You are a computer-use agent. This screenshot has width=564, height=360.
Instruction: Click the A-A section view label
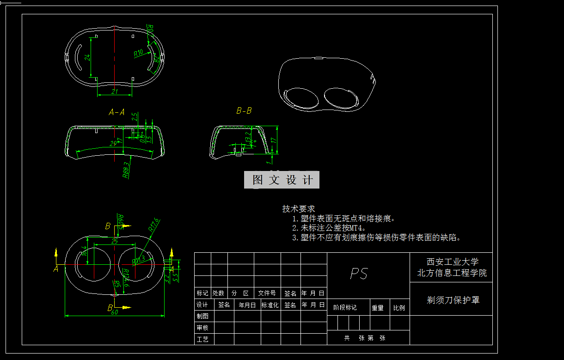click(x=116, y=112)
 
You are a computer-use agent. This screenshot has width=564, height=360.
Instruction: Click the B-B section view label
click(x=244, y=111)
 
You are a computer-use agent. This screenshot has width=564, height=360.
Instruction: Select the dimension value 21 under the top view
click(x=115, y=92)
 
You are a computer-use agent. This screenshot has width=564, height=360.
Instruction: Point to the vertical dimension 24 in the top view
click(x=87, y=57)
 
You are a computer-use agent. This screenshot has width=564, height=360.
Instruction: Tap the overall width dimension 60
click(x=114, y=312)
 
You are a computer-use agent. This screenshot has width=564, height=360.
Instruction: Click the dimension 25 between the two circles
click(x=115, y=241)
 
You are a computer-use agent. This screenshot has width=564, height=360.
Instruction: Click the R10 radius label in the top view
click(x=138, y=53)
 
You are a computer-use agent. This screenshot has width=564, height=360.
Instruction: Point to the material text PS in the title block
click(x=359, y=274)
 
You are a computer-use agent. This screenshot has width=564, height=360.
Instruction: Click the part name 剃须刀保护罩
click(x=453, y=300)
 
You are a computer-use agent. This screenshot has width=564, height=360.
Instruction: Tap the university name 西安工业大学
click(x=452, y=262)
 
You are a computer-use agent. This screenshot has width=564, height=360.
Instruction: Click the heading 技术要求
click(x=299, y=209)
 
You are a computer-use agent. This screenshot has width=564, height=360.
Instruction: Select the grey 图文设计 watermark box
click(x=282, y=180)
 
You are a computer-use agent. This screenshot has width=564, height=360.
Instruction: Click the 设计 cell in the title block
click(x=202, y=305)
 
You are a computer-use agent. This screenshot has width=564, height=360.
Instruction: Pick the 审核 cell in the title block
click(x=202, y=328)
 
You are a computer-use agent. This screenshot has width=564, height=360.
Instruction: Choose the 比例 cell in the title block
click(x=399, y=308)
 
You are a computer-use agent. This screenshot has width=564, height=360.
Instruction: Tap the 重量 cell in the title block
click(x=378, y=308)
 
